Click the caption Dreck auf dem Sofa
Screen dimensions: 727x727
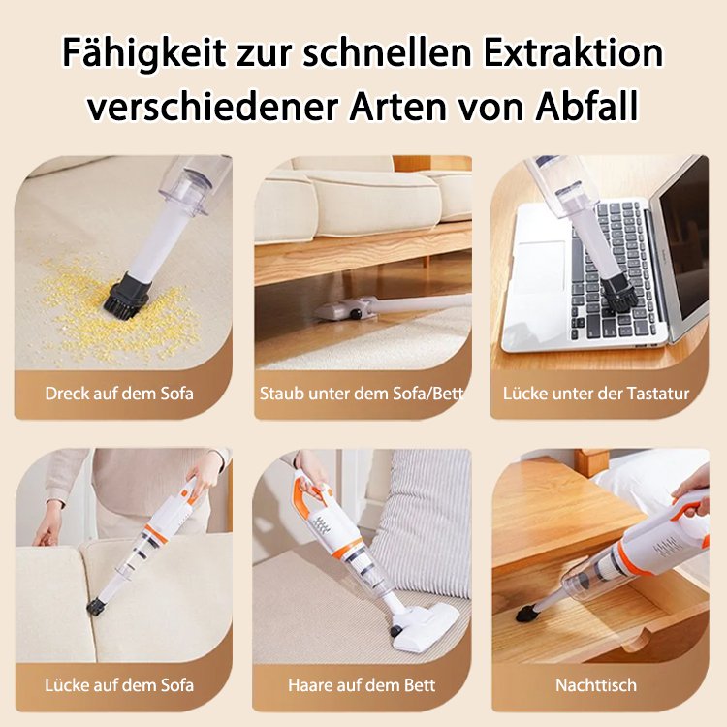pyautogui.click(x=119, y=394)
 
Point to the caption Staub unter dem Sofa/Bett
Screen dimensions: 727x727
pyautogui.click(x=363, y=394)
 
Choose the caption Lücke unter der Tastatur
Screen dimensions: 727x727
pyautogui.click(x=596, y=394)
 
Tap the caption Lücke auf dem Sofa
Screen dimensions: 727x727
pyautogui.click(x=119, y=684)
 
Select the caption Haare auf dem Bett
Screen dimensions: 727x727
pyautogui.click(x=363, y=684)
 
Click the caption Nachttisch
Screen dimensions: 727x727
pyautogui.click(x=596, y=684)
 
